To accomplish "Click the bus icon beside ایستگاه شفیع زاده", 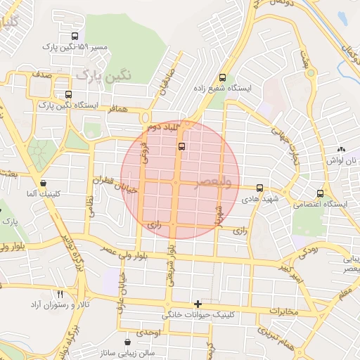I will (223, 78).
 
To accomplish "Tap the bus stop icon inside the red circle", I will (183, 147).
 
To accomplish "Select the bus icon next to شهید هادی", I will (260, 188).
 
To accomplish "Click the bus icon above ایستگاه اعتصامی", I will (321, 193).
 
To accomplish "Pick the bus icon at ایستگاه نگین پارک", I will (68, 94).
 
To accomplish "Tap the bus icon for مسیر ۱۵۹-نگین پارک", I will (75, 37).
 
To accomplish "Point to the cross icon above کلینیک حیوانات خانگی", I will (198, 304).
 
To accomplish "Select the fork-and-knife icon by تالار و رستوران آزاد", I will (60, 294).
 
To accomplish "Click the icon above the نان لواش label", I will (341, 150).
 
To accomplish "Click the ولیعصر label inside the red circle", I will (212, 182).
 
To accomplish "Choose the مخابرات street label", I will (284, 311).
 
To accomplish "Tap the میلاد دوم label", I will (163, 127).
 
